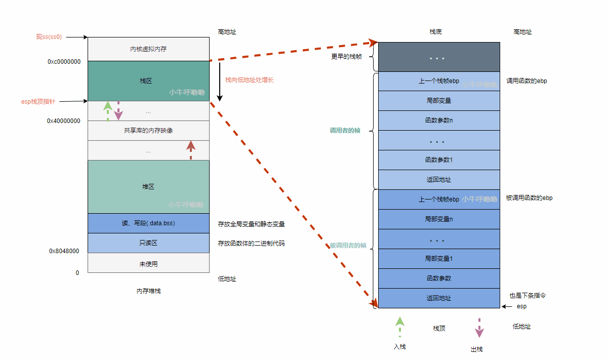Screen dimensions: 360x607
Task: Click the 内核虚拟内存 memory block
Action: pyautogui.click(x=148, y=49)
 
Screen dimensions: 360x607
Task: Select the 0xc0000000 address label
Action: pyautogui.click(x=64, y=62)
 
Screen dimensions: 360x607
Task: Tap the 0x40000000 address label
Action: pyautogui.click(x=64, y=121)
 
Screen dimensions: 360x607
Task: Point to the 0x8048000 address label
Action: pyautogui.click(x=64, y=251)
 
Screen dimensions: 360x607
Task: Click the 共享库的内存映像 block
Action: pyautogui.click(x=148, y=131)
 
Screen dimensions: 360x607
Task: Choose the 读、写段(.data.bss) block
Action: pyautogui.click(x=148, y=223)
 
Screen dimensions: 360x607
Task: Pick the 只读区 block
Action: pyautogui.click(x=148, y=243)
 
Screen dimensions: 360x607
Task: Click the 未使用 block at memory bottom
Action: pyautogui.click(x=148, y=264)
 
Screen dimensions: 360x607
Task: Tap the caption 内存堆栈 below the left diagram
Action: pyautogui.click(x=148, y=291)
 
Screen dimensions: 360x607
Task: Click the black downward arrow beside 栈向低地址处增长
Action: pyautogui.click(x=220, y=81)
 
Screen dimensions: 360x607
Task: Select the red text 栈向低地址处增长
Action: pyautogui.click(x=249, y=80)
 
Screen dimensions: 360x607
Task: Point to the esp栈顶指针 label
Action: pyautogui.click(x=38, y=102)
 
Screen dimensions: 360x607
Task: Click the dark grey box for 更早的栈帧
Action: pyautogui.click(x=438, y=57)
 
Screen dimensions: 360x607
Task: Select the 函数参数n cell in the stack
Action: pyautogui.click(x=438, y=121)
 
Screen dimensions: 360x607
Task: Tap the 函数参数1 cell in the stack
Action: pyautogui.click(x=438, y=160)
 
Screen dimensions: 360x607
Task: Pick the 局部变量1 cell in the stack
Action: pyautogui.click(x=438, y=259)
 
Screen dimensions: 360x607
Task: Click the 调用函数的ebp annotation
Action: pyautogui.click(x=527, y=81)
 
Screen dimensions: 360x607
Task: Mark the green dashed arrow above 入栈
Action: pyautogui.click(x=399, y=327)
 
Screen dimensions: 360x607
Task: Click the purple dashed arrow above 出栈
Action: pyautogui.click(x=479, y=328)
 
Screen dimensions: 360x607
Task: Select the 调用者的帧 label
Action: pyautogui.click(x=345, y=131)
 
